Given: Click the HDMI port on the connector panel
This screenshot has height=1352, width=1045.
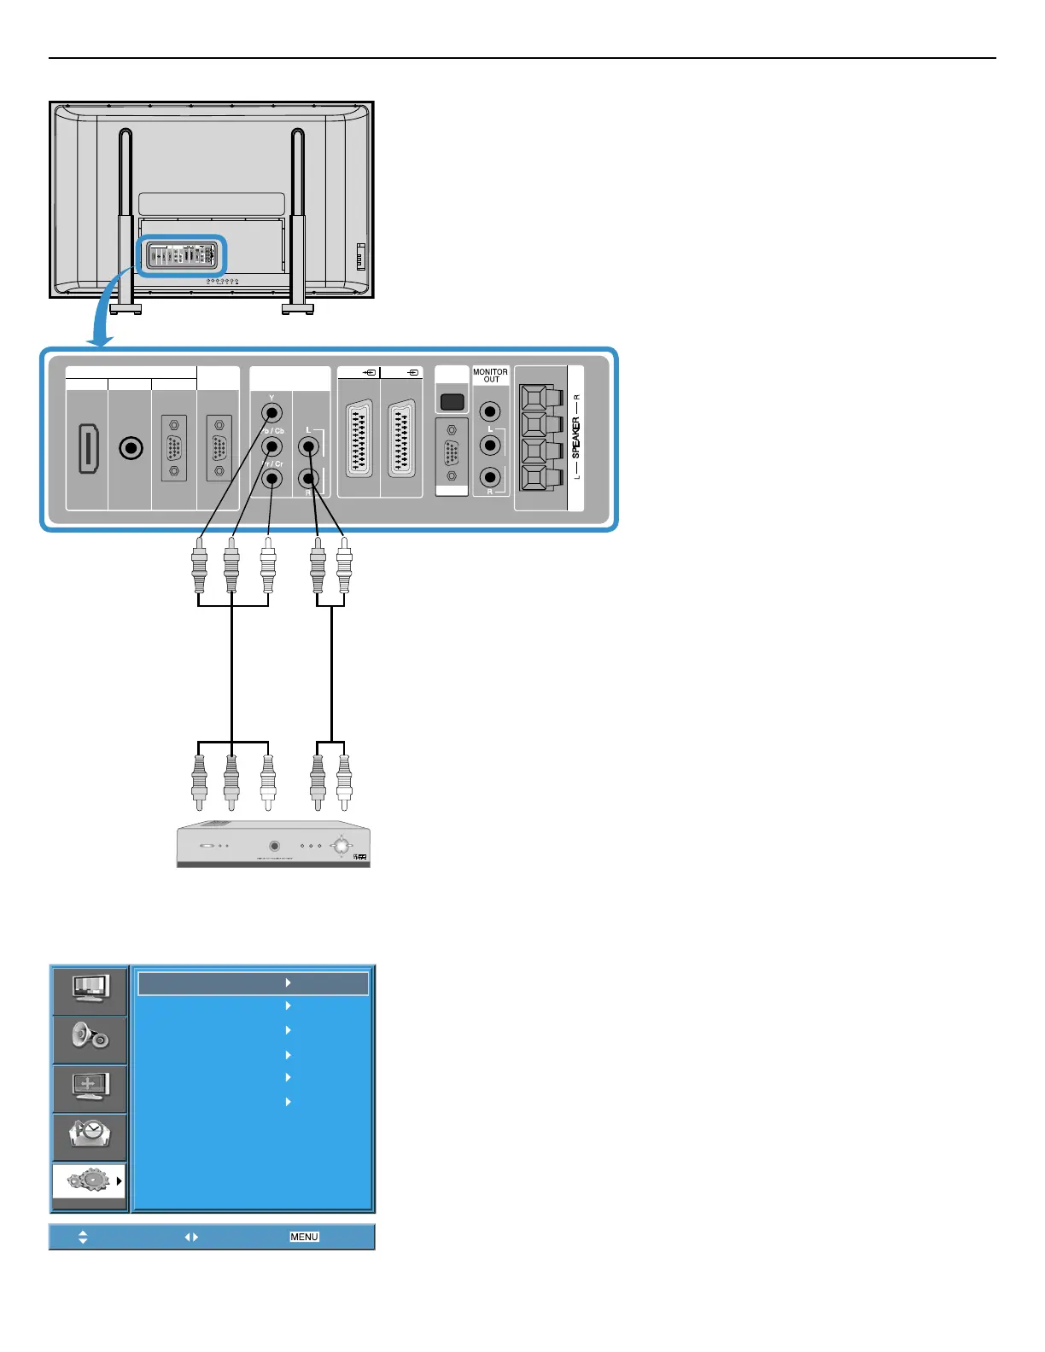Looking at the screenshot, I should coord(87,448).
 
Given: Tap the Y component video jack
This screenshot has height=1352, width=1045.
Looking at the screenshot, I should coord(271,413).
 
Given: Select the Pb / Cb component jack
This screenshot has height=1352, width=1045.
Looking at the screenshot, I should coord(271,446).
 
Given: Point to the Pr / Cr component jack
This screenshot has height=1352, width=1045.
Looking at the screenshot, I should coord(271,479).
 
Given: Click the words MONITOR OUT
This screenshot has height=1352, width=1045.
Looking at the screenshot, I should coord(490,376).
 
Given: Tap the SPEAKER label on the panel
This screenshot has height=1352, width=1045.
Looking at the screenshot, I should coord(575,438).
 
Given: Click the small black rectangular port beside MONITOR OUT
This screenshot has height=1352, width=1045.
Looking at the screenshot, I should coord(452,400).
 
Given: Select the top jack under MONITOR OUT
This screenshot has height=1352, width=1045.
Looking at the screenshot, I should coord(490,412).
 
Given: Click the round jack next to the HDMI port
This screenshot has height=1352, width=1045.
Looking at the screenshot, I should coord(130,447).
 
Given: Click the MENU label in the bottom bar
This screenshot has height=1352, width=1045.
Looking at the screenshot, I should coord(304,1237).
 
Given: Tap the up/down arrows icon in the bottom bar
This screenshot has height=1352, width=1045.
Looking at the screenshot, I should coord(83,1237).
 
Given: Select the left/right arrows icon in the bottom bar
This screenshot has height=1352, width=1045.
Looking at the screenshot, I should coord(191,1237).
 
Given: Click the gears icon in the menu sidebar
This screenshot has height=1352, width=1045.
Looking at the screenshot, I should coord(88,1181).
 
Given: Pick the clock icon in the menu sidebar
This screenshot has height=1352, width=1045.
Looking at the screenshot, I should coord(90,1134).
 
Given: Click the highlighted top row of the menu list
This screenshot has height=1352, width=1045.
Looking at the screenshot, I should coord(253,983).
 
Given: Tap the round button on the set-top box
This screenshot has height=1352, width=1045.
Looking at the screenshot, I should coord(274,846).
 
